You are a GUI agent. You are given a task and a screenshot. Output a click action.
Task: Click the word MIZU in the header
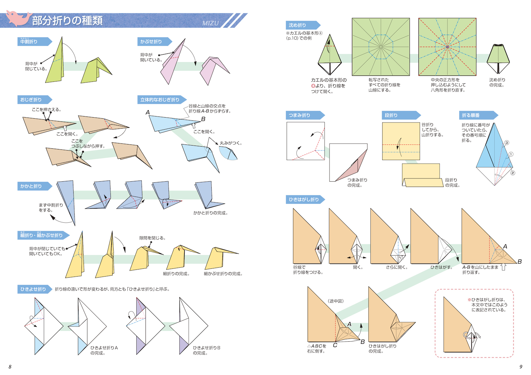pyautogui.click(x=210, y=23)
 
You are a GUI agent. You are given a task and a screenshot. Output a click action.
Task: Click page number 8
pyautogui.click(x=10, y=367)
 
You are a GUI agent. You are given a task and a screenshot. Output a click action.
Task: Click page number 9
pyautogui.click(x=521, y=367)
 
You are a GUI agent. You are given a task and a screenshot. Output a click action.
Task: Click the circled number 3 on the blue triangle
pyautogui.click(x=507, y=143)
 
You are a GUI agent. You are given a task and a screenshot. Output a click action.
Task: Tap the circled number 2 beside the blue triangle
pyautogui.click(x=513, y=173)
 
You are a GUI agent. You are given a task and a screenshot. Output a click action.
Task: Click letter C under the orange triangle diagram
pyautogui.click(x=335, y=345)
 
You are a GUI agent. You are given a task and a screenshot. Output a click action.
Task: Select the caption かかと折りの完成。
pyautogui.click(x=211, y=213)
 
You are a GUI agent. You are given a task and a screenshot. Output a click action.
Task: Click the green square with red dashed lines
pyautogui.click(x=447, y=47)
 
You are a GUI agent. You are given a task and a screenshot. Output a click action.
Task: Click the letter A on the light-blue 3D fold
pyautogui.click(x=148, y=112)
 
